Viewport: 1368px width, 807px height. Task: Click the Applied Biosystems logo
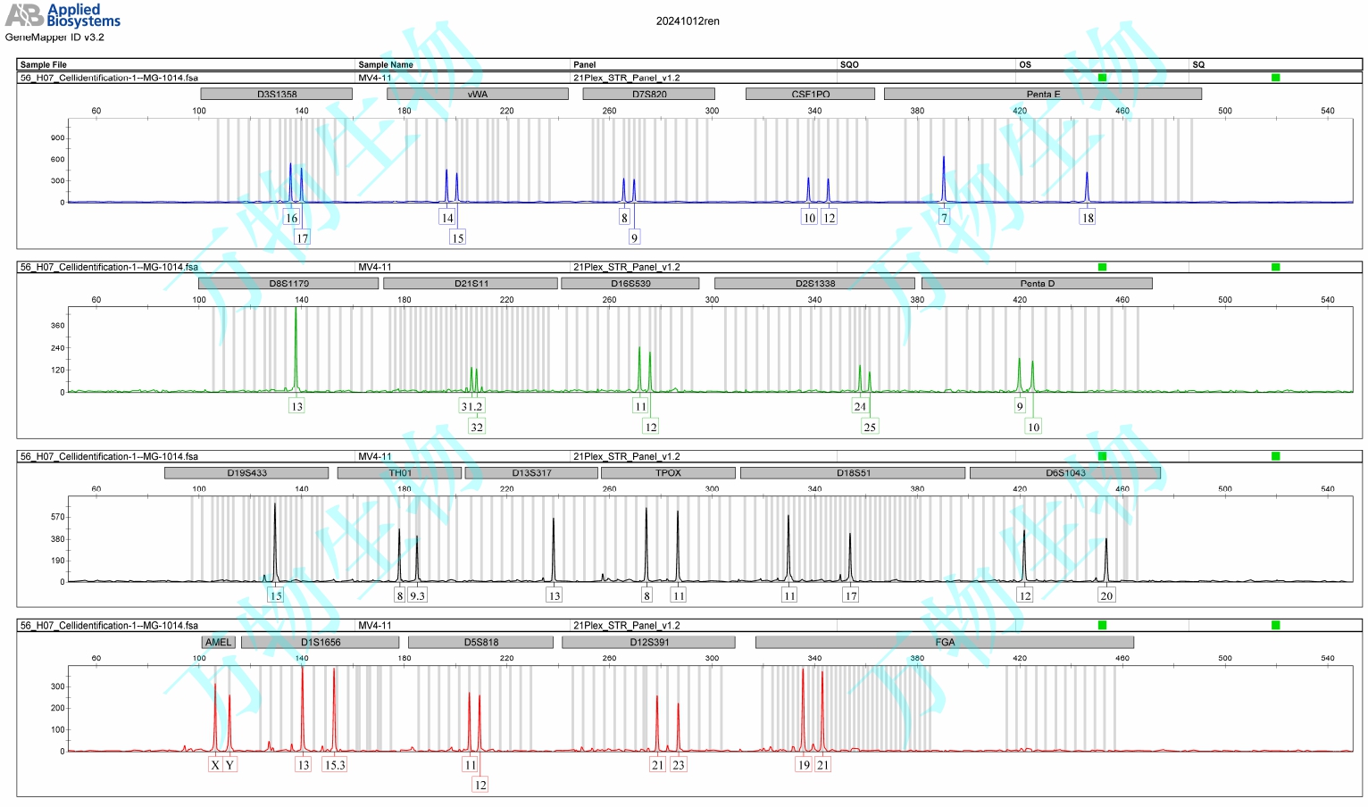63,15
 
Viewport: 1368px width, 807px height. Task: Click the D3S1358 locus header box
277,94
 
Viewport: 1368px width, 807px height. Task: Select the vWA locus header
478,94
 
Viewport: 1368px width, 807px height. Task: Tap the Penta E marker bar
1042,94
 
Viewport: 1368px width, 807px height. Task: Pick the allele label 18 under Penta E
1088,218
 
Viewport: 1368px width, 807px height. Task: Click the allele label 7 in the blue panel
944,218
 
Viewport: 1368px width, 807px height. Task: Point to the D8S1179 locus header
288,284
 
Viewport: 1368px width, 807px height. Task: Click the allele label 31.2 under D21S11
471,407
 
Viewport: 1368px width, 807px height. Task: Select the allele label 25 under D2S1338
870,428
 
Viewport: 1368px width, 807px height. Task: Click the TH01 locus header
400,473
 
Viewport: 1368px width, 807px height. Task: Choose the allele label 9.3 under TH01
417,596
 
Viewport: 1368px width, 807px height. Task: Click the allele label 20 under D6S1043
1106,596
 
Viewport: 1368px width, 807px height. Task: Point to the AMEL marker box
218,643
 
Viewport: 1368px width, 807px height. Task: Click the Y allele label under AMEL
229,765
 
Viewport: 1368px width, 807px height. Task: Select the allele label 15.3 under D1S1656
335,765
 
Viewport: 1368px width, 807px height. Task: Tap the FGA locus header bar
945,643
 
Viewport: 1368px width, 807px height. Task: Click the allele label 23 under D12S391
679,765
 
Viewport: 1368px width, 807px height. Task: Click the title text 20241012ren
688,21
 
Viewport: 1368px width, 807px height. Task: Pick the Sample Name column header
386,64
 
